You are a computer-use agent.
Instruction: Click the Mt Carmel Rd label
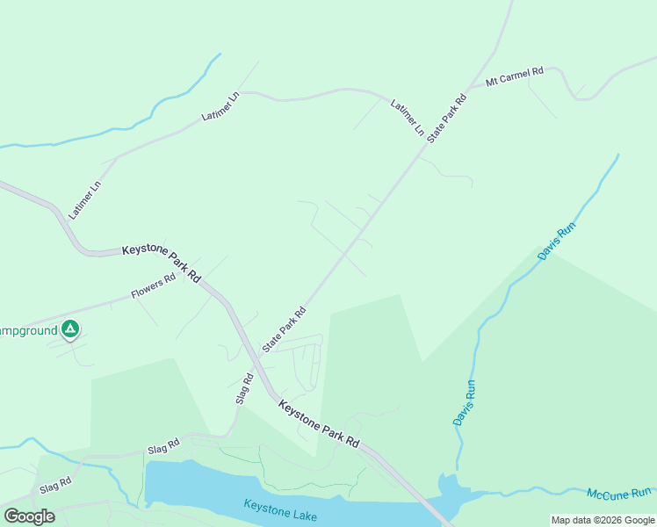coord(516,76)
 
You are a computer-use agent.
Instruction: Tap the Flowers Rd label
coord(154,284)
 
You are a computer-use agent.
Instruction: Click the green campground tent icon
coord(70,330)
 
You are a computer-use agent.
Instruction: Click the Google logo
coord(29,516)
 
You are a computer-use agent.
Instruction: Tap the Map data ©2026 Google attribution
coord(602,520)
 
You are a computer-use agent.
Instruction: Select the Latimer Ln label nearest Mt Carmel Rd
coord(408,118)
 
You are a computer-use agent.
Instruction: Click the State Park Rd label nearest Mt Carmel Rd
coord(447,117)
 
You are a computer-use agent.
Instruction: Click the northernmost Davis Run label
coord(558,242)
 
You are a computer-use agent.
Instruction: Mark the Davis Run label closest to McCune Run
coord(465,403)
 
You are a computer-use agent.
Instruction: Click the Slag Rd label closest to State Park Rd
coord(244,389)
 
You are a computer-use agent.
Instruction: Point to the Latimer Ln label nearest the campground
coord(85,199)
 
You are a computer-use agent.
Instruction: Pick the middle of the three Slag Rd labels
coord(163,447)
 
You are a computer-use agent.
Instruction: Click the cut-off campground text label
coord(27,330)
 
